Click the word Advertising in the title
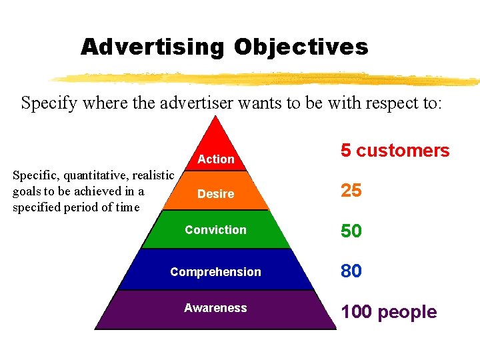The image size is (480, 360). pyautogui.click(x=152, y=47)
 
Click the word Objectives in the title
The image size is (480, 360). pyautogui.click(x=301, y=47)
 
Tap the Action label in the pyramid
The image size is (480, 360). pyautogui.click(x=216, y=159)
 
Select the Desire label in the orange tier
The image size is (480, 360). pyautogui.click(x=215, y=194)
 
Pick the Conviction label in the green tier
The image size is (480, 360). pyautogui.click(x=215, y=230)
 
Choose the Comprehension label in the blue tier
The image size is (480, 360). pyautogui.click(x=215, y=272)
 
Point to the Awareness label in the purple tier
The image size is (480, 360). pyautogui.click(x=215, y=308)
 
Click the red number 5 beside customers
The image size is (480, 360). pyautogui.click(x=346, y=151)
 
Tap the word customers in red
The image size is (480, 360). pyautogui.click(x=403, y=151)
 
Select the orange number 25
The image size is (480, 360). pyautogui.click(x=351, y=191)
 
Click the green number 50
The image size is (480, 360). pyautogui.click(x=351, y=231)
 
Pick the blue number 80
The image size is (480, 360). pyautogui.click(x=351, y=271)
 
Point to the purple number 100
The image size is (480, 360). pyautogui.click(x=356, y=312)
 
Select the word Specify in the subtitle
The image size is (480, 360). pyautogui.click(x=45, y=104)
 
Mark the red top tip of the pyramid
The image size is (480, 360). pyautogui.click(x=215, y=123)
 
